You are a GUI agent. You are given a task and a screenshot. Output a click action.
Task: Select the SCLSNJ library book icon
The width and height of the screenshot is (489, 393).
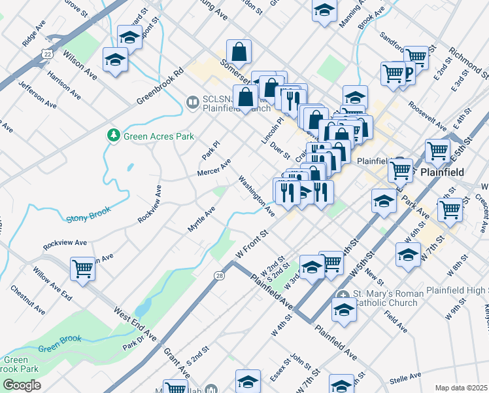[193, 102]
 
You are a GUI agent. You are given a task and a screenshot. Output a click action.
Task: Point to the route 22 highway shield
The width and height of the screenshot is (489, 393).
[46, 52]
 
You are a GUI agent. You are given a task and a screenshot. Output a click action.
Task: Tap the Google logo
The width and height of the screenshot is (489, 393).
[22, 385]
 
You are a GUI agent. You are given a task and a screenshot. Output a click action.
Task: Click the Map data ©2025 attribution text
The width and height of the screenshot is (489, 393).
[462, 388]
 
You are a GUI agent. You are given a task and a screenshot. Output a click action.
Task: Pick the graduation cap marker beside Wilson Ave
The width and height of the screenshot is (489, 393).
[115, 60]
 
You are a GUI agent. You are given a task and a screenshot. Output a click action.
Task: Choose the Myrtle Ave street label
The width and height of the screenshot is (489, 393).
[201, 220]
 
